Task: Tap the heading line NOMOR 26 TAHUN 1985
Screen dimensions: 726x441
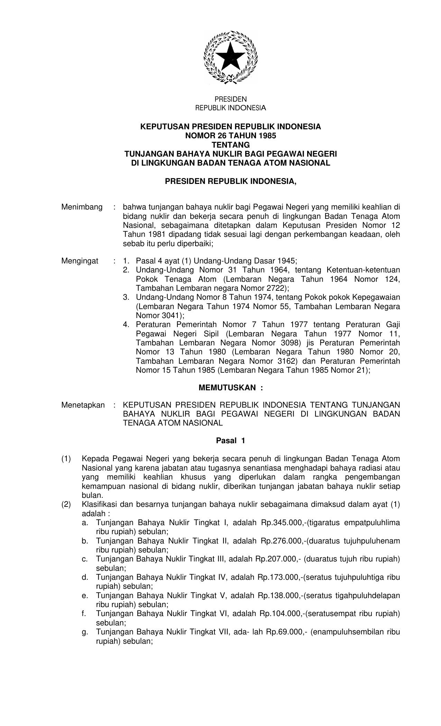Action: tap(231, 136)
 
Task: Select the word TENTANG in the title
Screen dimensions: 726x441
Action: tap(231, 145)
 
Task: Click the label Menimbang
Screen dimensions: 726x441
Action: tap(82, 207)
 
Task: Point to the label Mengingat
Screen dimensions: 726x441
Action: tap(80, 261)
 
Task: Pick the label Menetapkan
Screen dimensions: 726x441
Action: tap(83, 405)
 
